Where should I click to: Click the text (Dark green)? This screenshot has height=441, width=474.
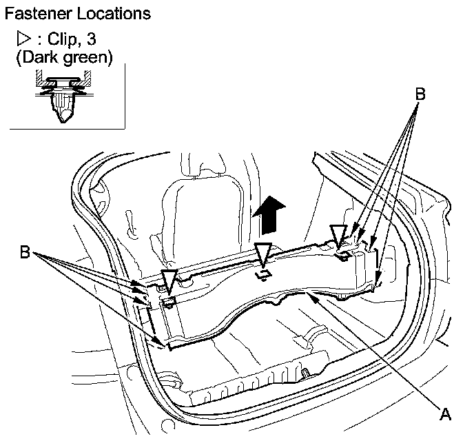pos(64,57)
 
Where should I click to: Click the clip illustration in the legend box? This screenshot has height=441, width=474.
pos(63,96)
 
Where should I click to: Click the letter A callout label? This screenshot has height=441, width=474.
pos(446,413)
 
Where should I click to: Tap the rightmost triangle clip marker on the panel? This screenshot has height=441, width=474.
pos(339,235)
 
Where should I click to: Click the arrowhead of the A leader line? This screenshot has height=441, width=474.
pos(313,295)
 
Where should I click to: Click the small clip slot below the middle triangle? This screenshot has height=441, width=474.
pos(262,275)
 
